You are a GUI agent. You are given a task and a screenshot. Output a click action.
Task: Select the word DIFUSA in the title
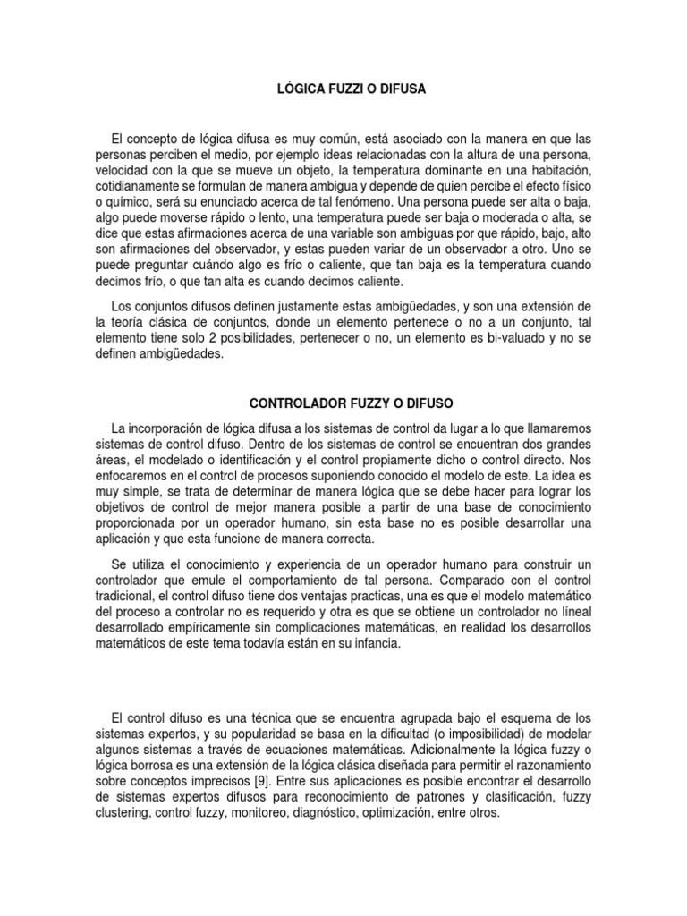[402, 89]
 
